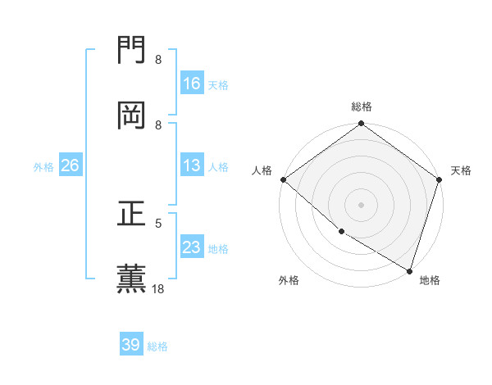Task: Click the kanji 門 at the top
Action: coord(132,52)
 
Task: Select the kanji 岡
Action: coord(132,115)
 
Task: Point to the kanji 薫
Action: coord(132,278)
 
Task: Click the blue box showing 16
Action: coord(192,84)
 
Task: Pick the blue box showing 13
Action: coord(192,165)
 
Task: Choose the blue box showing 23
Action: coord(192,247)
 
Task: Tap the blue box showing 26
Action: coord(70,165)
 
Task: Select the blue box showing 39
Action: coord(131,345)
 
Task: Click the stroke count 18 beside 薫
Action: coord(158,288)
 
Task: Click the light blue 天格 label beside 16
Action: coord(218,84)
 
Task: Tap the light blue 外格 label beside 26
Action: coord(43,166)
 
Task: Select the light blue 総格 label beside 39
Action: coord(157,346)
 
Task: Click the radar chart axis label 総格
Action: coord(362,106)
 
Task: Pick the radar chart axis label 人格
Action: coord(262,170)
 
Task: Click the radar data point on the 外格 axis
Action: coord(341,232)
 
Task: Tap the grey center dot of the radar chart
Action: coord(361,204)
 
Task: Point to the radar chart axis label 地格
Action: coord(430,280)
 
